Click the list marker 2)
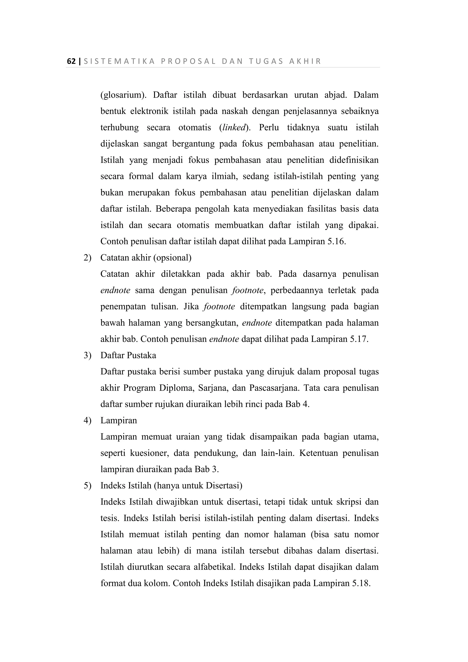87,257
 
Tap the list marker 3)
87,355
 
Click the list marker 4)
87,420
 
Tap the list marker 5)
87,486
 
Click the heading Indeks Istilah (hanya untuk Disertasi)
171,486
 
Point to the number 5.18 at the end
361,583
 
